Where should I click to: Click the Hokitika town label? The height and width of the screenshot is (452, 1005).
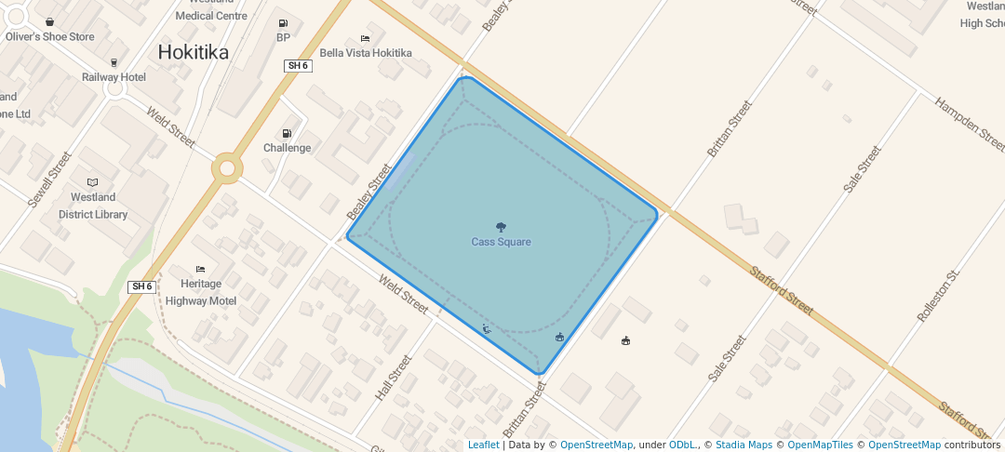click(x=193, y=52)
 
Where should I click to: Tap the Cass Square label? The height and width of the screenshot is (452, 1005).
click(x=501, y=242)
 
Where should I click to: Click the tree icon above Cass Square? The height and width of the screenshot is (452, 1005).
click(x=501, y=227)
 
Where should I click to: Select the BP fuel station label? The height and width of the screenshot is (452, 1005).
click(x=283, y=38)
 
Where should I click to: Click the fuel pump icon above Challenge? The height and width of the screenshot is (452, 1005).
click(x=287, y=133)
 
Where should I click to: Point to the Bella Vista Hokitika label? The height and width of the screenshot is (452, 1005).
click(x=365, y=53)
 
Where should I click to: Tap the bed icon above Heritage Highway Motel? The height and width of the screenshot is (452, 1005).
click(x=200, y=269)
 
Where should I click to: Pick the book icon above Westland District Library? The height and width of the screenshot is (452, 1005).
click(x=92, y=182)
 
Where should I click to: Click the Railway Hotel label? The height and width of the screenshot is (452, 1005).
click(x=114, y=77)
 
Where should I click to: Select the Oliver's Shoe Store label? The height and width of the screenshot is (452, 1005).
click(x=50, y=37)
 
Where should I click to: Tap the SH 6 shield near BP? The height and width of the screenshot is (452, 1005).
click(x=297, y=65)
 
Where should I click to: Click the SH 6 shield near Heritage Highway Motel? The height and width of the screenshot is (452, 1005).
click(x=141, y=286)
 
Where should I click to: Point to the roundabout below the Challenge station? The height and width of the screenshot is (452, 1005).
click(x=227, y=168)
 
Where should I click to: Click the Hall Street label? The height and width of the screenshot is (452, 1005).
click(x=393, y=378)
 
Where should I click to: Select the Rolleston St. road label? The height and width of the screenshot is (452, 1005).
click(x=937, y=297)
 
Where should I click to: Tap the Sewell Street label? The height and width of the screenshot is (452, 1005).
click(x=48, y=179)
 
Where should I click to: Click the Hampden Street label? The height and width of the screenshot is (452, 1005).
click(x=969, y=124)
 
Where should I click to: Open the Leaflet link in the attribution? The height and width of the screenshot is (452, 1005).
click(x=483, y=445)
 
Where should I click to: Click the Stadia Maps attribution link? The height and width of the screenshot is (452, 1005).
click(x=744, y=445)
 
